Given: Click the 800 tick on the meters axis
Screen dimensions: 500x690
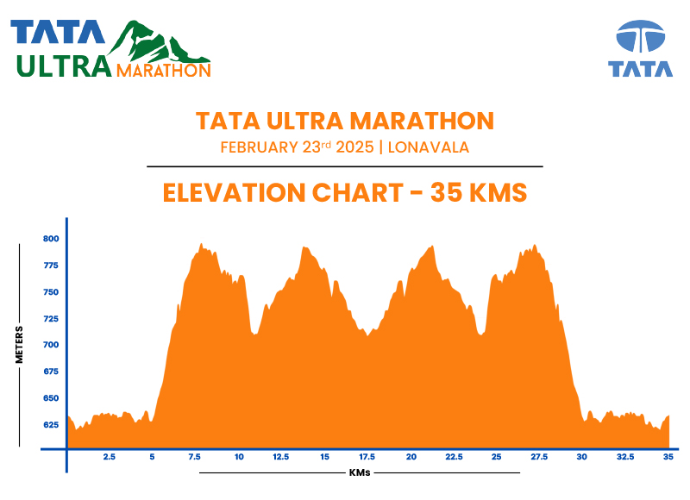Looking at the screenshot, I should point(51,239).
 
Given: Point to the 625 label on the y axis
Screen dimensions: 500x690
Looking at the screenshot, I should point(51,424).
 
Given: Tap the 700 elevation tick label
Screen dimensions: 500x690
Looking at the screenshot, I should point(51,345).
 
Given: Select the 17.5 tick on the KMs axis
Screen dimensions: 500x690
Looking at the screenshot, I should point(367,457).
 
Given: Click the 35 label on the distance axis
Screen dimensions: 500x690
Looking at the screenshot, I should point(668,457).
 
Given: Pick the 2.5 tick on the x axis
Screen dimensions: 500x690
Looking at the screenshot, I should point(110,457).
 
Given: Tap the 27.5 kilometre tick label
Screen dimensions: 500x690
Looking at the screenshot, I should point(539,457).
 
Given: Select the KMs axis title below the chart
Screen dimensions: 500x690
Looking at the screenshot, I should point(360,472).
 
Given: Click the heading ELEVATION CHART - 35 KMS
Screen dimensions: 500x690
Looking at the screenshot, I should point(344,191).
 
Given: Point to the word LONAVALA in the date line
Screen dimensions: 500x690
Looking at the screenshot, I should point(429,147).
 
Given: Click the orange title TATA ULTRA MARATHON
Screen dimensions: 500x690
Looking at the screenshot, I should point(344,120).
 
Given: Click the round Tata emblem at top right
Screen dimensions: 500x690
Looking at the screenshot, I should point(640,38).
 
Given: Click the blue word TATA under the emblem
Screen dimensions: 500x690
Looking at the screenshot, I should point(640,69).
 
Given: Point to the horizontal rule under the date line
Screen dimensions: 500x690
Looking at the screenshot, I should point(344,166).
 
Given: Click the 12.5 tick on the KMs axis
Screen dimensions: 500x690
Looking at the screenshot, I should point(280,457).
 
